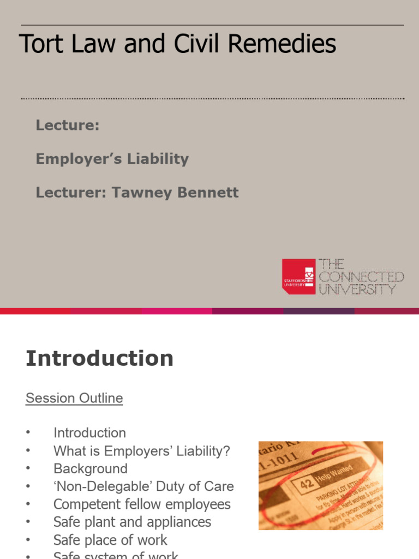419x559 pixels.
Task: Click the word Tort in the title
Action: pos(39,44)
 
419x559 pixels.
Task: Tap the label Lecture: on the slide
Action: pos(68,125)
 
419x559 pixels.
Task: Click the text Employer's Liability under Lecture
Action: pos(112,159)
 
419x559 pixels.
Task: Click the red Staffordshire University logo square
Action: pos(298,276)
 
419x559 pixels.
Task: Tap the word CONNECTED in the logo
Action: pos(361,277)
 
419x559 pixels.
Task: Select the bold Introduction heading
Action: pos(99,359)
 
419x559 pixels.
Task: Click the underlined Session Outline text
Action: pos(74,399)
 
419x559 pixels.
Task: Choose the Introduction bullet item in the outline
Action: pos(89,433)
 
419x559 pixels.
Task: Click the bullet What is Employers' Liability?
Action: pos(142,451)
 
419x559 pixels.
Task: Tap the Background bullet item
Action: pos(90,469)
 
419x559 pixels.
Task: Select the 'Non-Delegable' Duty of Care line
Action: pos(143,486)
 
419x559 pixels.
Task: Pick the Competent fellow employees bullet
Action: pos(142,504)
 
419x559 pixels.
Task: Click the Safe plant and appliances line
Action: pos(132,522)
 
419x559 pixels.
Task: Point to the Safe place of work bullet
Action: pos(110,540)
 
